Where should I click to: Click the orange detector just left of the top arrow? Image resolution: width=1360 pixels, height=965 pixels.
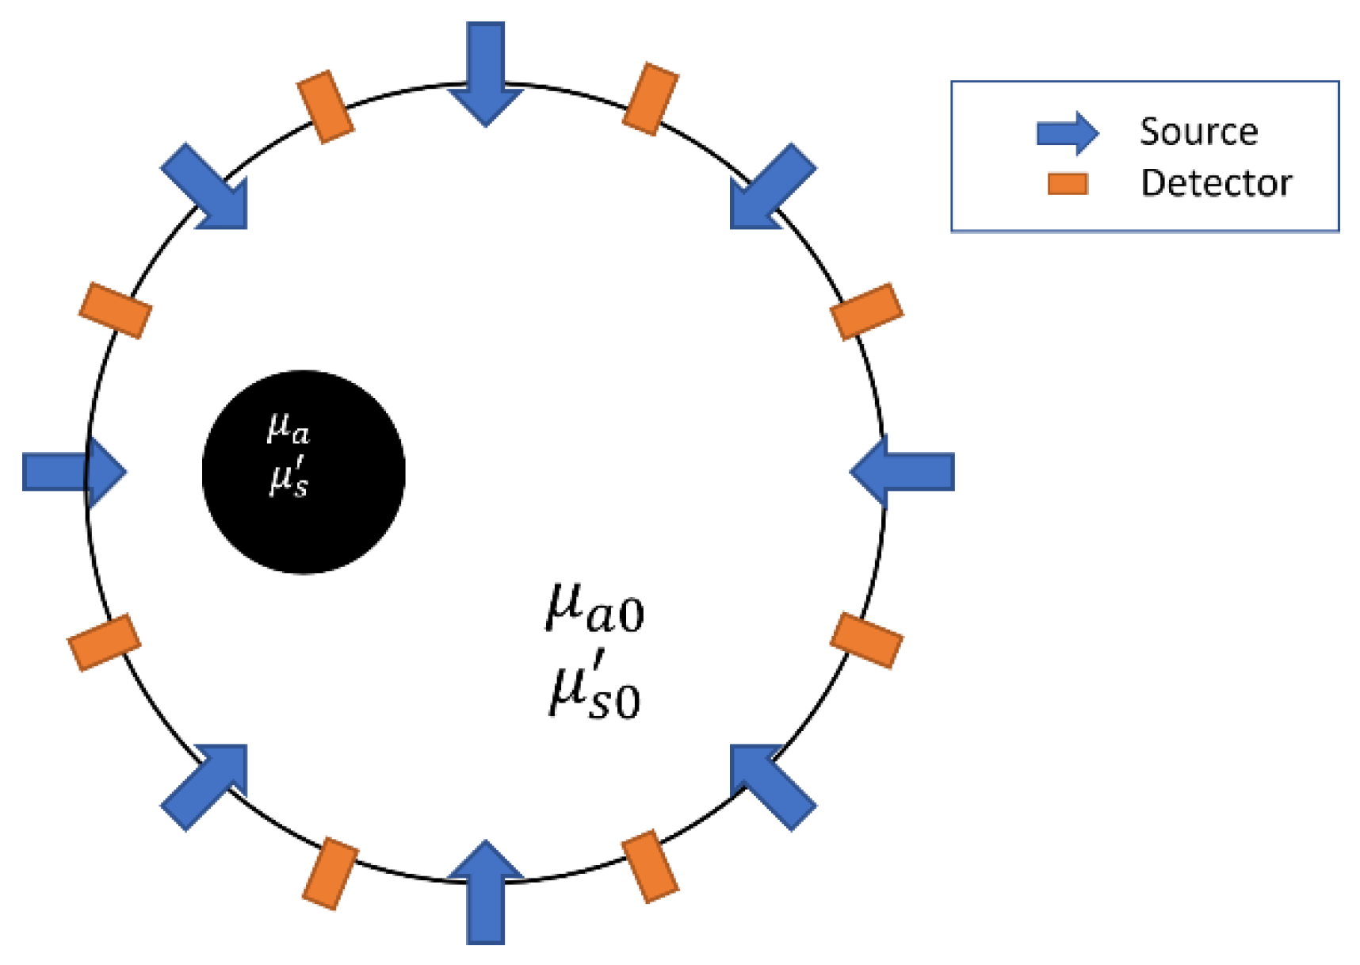pyautogui.click(x=325, y=107)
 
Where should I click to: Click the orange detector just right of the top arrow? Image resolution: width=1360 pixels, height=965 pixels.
pyautogui.click(x=651, y=100)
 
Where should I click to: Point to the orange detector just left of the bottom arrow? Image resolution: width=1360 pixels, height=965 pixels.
pyautogui.click(x=330, y=873)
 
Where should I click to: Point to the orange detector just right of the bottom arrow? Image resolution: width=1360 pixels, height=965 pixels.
pyautogui.click(x=651, y=866)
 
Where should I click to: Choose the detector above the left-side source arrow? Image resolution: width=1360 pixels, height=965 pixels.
pyautogui.click(x=115, y=310)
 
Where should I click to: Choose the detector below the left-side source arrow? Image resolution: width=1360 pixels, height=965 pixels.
pyautogui.click(x=105, y=642)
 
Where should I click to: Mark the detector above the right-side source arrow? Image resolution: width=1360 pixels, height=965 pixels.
pyautogui.click(x=866, y=311)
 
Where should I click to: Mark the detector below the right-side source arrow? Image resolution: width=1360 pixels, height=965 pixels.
pyautogui.click(x=866, y=640)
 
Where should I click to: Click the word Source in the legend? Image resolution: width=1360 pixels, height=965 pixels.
pyautogui.click(x=1198, y=132)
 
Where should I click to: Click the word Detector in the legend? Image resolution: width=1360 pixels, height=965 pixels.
pyautogui.click(x=1216, y=183)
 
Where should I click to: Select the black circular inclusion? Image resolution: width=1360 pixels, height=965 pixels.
pyautogui.click(x=304, y=472)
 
